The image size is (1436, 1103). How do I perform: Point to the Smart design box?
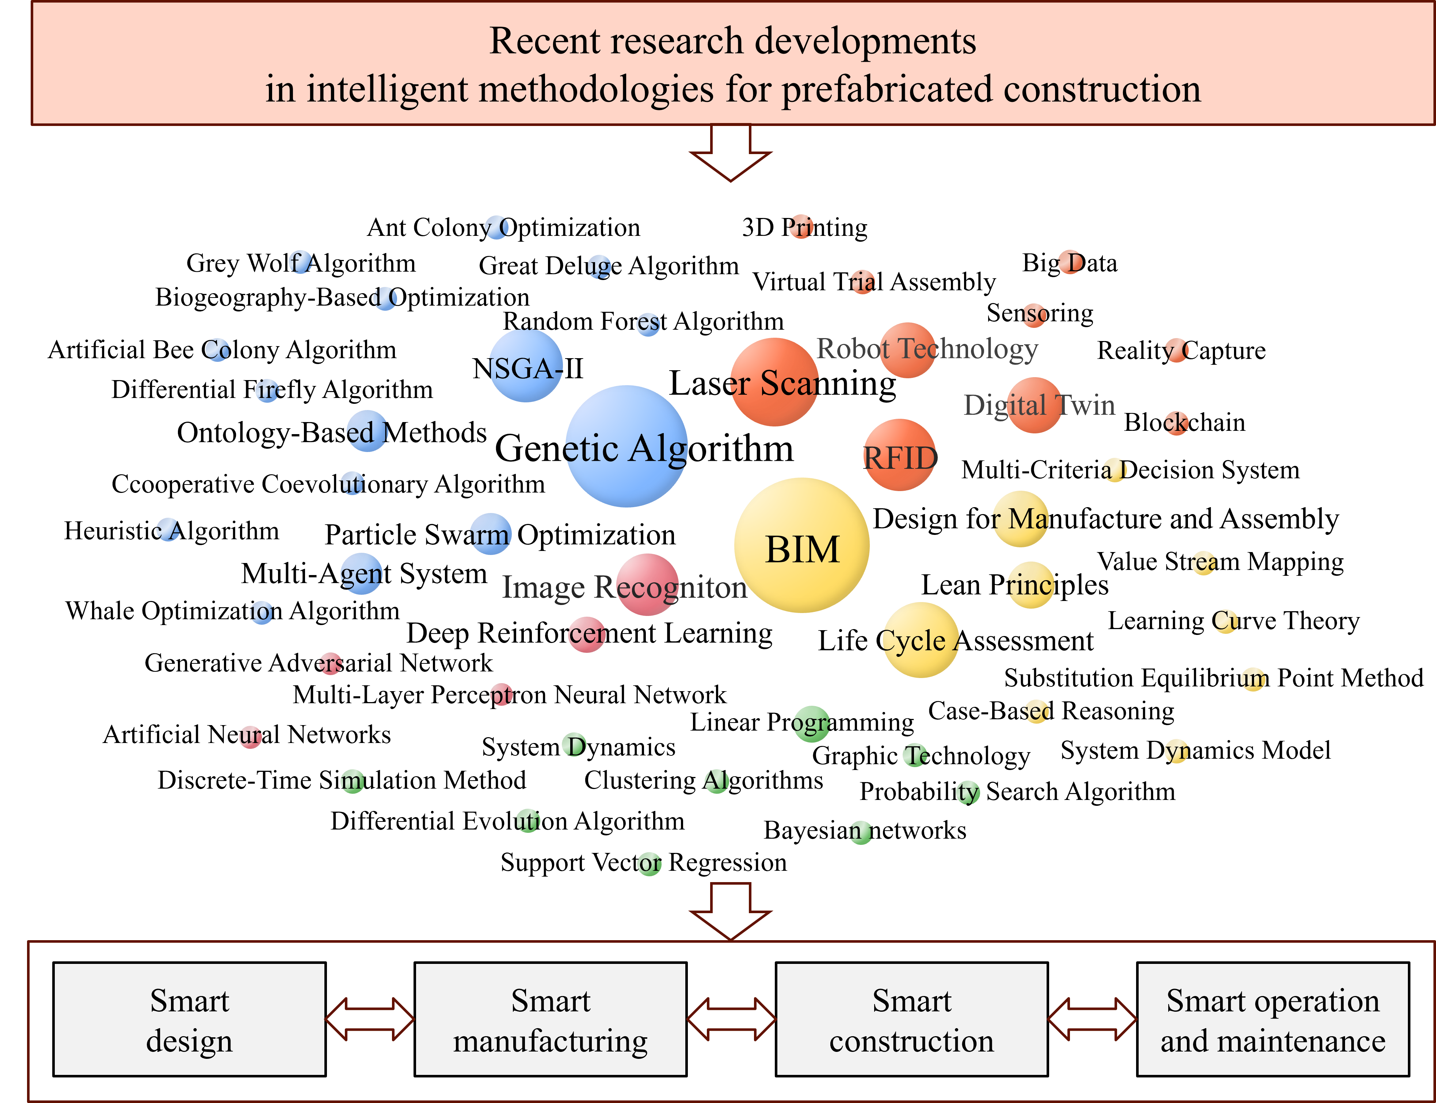click(x=189, y=1020)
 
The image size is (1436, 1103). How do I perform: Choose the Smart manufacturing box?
click(x=551, y=1020)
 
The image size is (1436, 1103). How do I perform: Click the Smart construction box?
click(x=912, y=1020)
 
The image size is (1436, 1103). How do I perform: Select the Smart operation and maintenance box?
click(x=1273, y=1020)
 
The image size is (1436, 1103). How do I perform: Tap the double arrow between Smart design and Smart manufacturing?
click(x=370, y=1020)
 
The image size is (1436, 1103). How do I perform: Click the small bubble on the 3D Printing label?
click(x=801, y=226)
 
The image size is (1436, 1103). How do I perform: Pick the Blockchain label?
click(x=1184, y=422)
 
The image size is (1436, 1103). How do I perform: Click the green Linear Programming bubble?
click(x=811, y=724)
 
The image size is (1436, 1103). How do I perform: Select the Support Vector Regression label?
click(x=644, y=862)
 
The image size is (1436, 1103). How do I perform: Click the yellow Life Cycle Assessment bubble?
click(x=920, y=640)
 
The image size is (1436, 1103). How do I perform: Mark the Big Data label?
click(x=1070, y=263)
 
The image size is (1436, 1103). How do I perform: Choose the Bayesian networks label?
click(x=865, y=831)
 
